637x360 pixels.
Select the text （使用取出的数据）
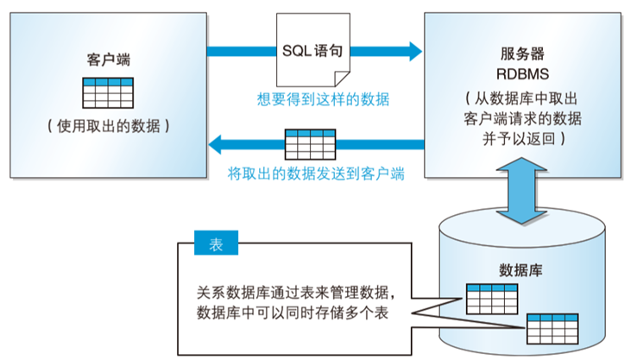click(107, 126)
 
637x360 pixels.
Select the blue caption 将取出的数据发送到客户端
click(317, 173)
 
